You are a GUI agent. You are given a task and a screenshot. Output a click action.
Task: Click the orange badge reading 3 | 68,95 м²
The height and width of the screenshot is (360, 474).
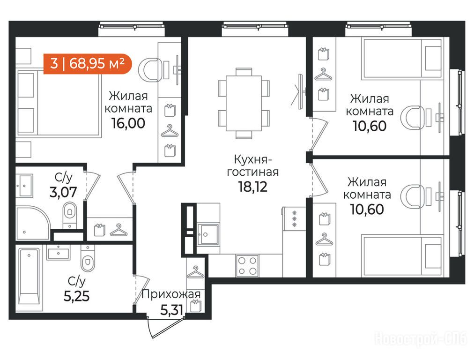tap(88, 64)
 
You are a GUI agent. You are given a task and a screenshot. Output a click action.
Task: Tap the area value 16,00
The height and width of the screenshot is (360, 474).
tap(128, 123)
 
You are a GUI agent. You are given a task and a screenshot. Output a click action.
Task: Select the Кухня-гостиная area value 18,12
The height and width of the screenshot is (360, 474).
tap(253, 187)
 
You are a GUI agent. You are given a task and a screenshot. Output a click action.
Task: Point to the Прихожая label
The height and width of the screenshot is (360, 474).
tap(171, 294)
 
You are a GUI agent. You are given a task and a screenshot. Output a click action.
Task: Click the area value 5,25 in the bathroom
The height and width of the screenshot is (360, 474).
tap(76, 296)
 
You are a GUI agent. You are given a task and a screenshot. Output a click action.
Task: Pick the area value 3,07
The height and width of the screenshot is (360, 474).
tap(63, 192)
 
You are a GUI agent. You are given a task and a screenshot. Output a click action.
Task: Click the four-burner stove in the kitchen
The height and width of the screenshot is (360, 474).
tap(247, 266)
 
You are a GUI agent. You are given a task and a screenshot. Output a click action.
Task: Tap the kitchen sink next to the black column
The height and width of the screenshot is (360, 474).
tap(207, 234)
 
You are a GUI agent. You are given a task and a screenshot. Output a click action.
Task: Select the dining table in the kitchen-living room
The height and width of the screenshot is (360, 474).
tap(244, 103)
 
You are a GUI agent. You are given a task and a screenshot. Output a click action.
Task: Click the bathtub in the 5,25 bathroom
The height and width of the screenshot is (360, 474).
tap(30, 277)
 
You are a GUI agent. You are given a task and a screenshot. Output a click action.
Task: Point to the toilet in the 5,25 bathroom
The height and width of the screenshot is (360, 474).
tap(88, 258)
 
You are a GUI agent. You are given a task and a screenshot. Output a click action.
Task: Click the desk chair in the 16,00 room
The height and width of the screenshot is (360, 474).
tap(151, 69)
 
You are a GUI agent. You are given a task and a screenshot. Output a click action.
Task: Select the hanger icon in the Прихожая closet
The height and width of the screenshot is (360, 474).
tap(196, 272)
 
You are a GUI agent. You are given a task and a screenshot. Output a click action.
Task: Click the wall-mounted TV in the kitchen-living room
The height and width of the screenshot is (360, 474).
tap(300, 91)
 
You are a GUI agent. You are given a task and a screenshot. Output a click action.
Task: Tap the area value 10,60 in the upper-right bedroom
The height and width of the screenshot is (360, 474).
tap(370, 126)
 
